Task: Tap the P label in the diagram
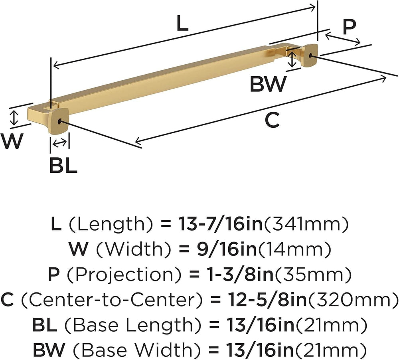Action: pos(349,27)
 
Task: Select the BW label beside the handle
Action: pos(268,84)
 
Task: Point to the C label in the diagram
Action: pos(272,121)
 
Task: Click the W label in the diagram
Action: pos(12,142)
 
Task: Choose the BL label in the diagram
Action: pos(63,166)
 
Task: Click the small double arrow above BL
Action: pos(60,143)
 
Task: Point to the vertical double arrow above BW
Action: pos(292,59)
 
